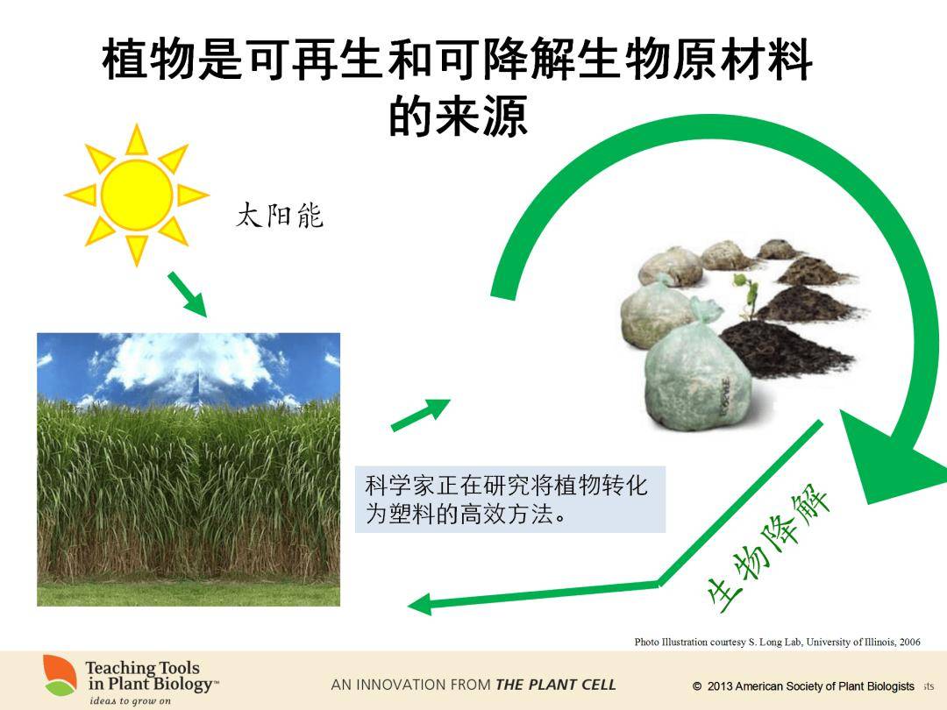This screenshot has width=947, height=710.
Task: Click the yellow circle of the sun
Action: pos(137,195)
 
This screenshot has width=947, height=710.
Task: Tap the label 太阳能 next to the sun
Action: pos(280,216)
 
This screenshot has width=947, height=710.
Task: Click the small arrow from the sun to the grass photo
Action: pos(188,294)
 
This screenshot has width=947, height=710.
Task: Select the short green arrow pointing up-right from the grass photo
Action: pos(421,415)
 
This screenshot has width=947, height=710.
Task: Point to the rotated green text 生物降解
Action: pos(768,550)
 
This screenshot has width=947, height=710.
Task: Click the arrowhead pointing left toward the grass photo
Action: pos(420,604)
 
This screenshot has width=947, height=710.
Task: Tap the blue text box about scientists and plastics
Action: pos(509,500)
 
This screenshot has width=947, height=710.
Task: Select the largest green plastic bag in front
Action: pos(698,374)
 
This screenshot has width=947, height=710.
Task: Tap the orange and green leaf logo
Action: pos(60,675)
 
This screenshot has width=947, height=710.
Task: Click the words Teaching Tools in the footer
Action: pos(143,668)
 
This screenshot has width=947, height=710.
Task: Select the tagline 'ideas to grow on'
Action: pos(130,701)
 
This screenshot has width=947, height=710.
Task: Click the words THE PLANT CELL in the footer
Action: pos(556,685)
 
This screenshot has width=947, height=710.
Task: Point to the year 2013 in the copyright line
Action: pos(720,685)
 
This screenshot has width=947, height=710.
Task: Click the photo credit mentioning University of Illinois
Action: pos(777,642)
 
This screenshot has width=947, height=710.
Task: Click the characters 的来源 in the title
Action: pos(459,116)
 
